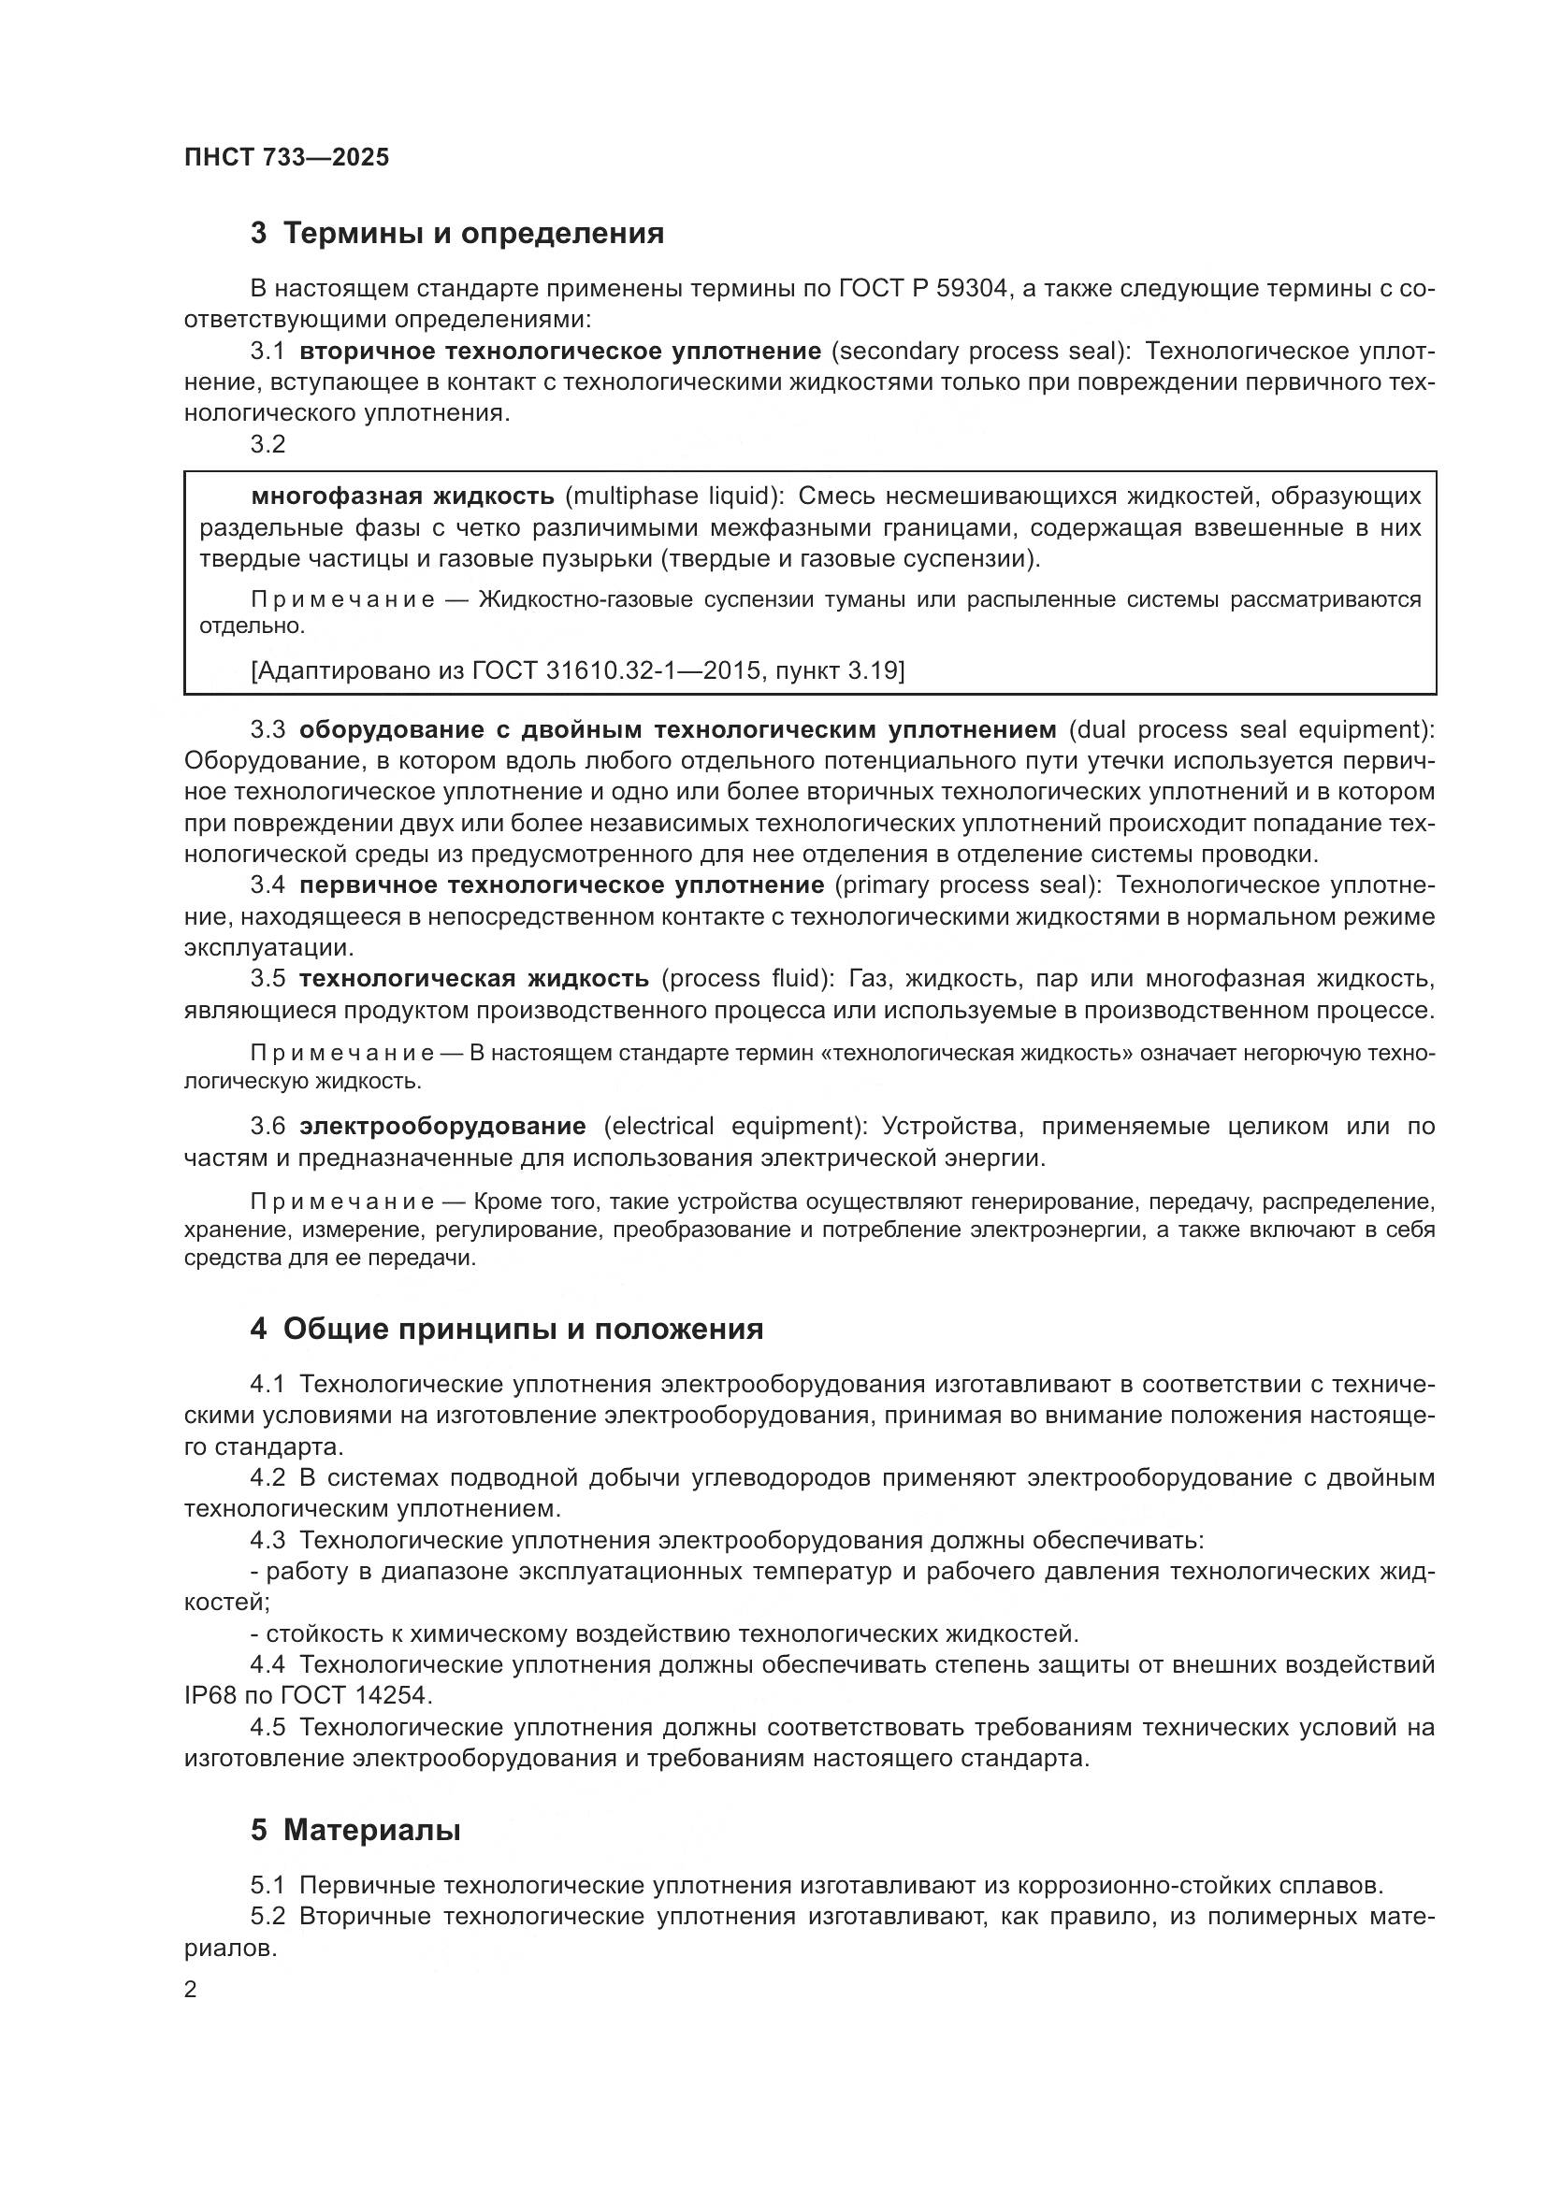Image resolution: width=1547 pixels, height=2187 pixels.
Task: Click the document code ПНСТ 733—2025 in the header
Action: pyautogui.click(x=287, y=158)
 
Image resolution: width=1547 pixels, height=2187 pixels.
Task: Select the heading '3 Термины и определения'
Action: pyautogui.click(x=457, y=234)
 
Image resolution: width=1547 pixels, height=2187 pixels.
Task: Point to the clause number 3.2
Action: pyautogui.click(x=267, y=445)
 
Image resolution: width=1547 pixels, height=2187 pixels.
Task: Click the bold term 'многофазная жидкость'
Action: pyautogui.click(x=402, y=496)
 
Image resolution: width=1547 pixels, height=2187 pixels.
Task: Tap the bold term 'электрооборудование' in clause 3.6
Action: pyautogui.click(x=442, y=1126)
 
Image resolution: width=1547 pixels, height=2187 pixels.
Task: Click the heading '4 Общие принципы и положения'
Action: pyautogui.click(x=507, y=1329)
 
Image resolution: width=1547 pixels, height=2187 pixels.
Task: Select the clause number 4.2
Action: pyautogui.click(x=267, y=1477)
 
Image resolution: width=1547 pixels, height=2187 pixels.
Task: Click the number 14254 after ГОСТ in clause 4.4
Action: pyautogui.click(x=393, y=1695)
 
